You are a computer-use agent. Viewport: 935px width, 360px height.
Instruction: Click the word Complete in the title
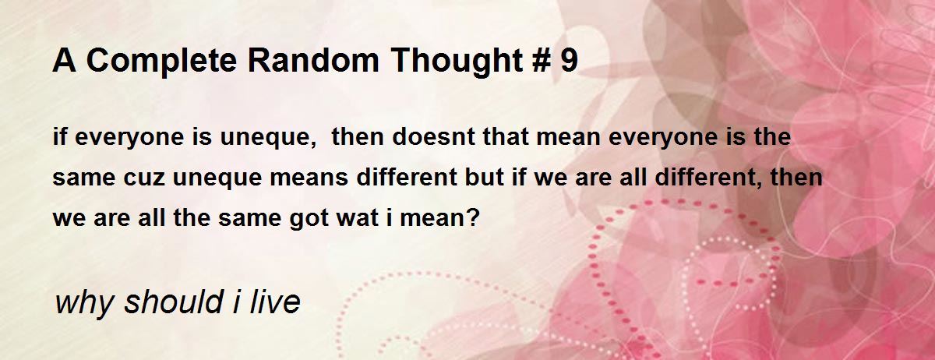pyautogui.click(x=161, y=62)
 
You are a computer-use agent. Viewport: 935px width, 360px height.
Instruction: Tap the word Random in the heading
pyautogui.click(x=313, y=60)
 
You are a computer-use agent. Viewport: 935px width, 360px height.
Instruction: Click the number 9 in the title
pyautogui.click(x=570, y=60)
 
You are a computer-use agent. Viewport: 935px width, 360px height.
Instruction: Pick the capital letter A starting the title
pyautogui.click(x=64, y=60)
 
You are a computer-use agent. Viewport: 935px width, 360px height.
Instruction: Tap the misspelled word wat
pyautogui.click(x=358, y=218)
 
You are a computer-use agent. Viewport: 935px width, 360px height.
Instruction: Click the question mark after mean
pyautogui.click(x=475, y=217)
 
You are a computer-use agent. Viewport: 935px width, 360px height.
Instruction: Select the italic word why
pyautogui.click(x=83, y=303)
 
